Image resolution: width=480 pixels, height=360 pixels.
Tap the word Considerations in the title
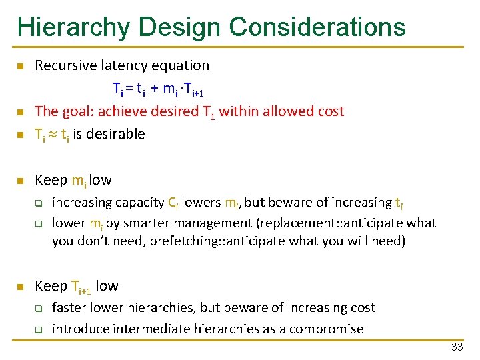(317, 27)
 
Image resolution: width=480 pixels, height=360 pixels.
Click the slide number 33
(457, 347)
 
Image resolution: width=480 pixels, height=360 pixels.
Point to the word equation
(181, 65)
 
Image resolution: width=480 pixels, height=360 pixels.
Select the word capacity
(140, 202)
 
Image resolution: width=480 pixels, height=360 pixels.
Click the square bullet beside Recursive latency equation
(21, 66)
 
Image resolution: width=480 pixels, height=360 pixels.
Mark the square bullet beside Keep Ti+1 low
(21, 287)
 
